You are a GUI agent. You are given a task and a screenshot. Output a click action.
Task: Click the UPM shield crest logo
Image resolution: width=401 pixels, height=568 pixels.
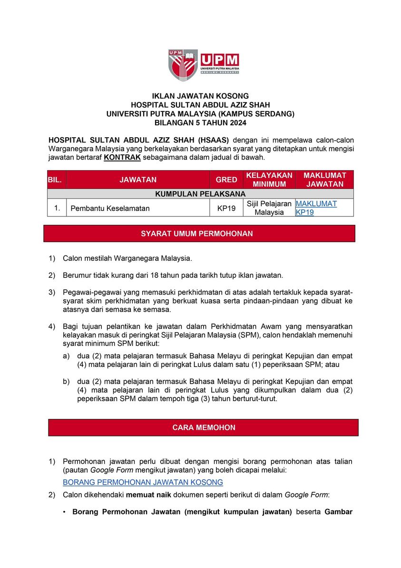(x=182, y=65)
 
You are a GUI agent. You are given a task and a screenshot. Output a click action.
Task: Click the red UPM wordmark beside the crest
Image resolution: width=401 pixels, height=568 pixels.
(x=219, y=61)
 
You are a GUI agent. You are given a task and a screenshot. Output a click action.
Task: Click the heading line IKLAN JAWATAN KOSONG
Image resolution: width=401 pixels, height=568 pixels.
(x=200, y=96)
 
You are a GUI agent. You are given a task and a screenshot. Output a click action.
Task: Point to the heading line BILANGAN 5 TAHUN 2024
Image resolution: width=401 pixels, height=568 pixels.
(x=200, y=122)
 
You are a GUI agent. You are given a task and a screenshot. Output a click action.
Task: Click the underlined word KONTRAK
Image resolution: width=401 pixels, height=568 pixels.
(x=119, y=157)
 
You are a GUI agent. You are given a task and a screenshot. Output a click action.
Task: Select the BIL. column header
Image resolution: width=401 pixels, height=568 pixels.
(x=57, y=180)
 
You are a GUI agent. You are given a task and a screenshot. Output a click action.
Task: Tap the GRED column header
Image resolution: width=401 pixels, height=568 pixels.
(x=226, y=180)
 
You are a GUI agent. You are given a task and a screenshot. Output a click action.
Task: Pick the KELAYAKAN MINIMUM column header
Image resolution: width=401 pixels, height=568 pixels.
(x=269, y=180)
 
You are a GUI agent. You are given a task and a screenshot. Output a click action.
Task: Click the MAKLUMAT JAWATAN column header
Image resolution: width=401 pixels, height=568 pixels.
(x=324, y=180)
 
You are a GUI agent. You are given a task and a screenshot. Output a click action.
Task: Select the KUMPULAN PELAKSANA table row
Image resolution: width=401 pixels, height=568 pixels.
(x=200, y=194)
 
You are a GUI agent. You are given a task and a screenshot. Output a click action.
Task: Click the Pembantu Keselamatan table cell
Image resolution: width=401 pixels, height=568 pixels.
(x=110, y=208)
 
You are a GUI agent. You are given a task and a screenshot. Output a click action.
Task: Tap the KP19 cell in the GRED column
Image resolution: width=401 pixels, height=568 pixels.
(x=226, y=208)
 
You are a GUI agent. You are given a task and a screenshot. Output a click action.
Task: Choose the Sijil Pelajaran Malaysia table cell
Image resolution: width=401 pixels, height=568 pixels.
(x=269, y=208)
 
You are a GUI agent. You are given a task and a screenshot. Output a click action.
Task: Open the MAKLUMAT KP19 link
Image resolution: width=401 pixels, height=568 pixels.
(x=316, y=208)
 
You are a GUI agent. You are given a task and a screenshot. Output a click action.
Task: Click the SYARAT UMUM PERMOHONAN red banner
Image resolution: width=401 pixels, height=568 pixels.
(x=200, y=233)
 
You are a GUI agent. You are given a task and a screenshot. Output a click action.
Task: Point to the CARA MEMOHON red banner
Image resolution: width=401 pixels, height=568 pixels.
(x=204, y=427)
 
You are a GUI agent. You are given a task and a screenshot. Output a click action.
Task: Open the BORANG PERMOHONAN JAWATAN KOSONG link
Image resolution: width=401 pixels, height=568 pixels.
(x=143, y=482)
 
